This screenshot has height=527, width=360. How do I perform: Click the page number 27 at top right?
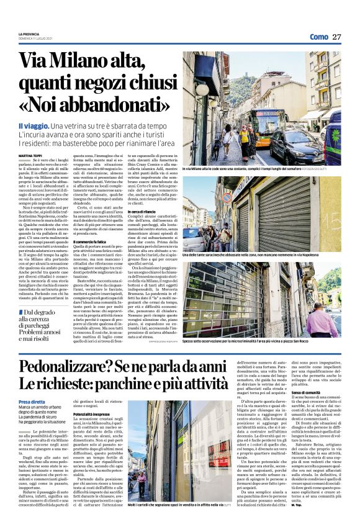(336, 37)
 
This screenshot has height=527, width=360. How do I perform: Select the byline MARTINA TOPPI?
(30, 155)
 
